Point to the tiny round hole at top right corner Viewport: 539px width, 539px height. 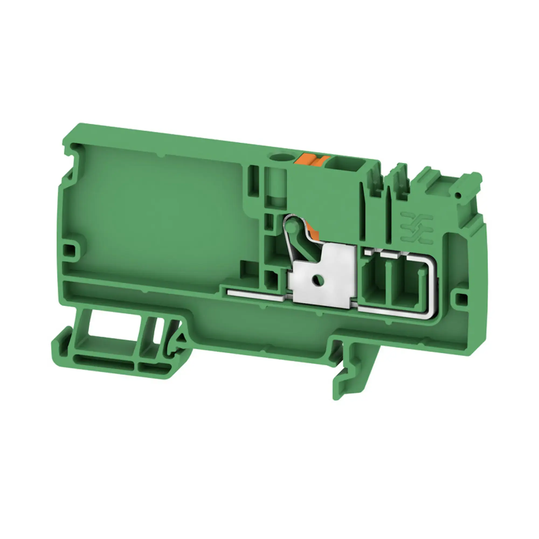point(458,195)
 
